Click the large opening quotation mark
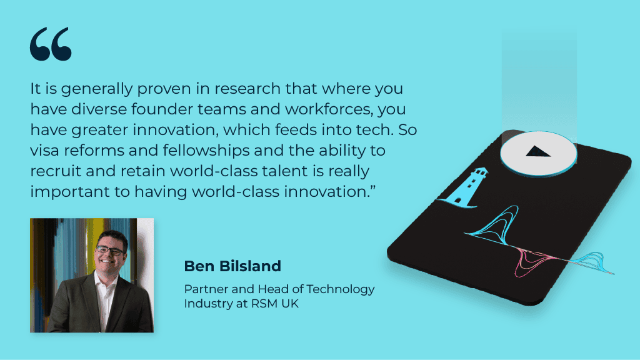pyautogui.click(x=51, y=44)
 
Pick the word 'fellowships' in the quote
pyautogui.click(x=206, y=151)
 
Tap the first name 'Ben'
pyautogui.click(x=199, y=266)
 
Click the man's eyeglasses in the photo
pyautogui.click(x=109, y=250)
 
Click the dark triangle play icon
pyautogui.click(x=538, y=152)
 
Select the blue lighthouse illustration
pyautogui.click(x=465, y=187)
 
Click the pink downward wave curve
pyautogui.click(x=531, y=262)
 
